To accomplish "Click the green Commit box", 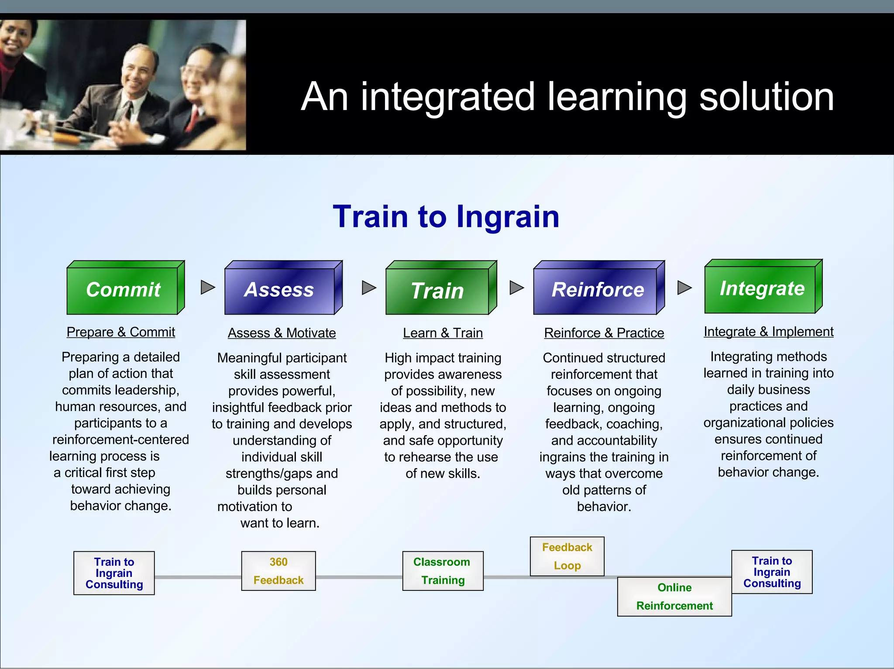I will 124,290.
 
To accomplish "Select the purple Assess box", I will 280,290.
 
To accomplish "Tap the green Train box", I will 438,291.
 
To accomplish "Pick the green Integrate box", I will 761,288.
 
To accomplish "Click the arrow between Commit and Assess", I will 207,287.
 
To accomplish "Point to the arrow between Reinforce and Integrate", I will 684,288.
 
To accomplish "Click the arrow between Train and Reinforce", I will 516,288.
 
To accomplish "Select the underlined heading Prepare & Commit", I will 121,332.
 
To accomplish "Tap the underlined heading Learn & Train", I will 443,333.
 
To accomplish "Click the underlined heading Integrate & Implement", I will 768,332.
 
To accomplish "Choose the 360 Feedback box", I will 279,571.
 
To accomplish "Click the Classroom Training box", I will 443,571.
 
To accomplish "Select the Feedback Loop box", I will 567,556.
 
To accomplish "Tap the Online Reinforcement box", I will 674,597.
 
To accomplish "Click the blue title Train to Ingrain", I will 446,216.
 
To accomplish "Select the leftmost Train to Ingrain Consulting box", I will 114,573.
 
